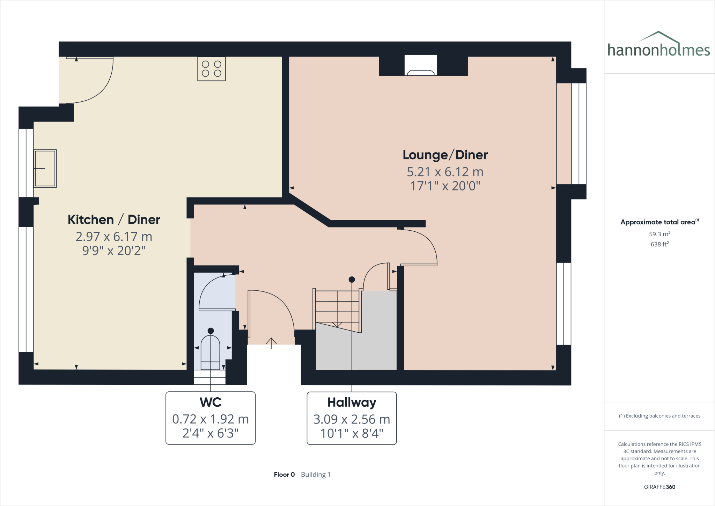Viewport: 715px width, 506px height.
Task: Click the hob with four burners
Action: coord(211,69)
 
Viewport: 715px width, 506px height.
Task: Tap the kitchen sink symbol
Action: coord(45,168)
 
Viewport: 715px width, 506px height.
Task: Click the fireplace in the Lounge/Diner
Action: coord(421,66)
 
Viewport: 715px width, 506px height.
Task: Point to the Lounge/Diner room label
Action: coord(445,155)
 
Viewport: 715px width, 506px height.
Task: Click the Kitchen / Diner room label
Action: coord(114,220)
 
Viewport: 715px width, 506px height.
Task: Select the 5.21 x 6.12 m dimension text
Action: coord(445,172)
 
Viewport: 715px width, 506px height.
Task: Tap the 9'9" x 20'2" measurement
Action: coord(114,251)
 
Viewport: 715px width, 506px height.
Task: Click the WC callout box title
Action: coord(211,402)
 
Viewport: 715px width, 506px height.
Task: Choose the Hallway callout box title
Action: coord(352,402)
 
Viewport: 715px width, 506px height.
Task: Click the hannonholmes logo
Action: coord(658,45)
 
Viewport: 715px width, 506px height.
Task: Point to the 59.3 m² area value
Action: coord(659,234)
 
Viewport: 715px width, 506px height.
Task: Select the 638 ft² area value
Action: coord(659,244)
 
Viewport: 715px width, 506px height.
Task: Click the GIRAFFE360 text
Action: coord(659,487)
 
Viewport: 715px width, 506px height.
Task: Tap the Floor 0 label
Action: coord(284,475)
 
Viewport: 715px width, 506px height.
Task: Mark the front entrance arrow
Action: coord(271,342)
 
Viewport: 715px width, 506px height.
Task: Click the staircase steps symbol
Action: coord(337,308)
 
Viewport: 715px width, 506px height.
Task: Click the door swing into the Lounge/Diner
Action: coord(424,245)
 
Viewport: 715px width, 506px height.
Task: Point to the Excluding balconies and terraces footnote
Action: coord(659,416)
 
